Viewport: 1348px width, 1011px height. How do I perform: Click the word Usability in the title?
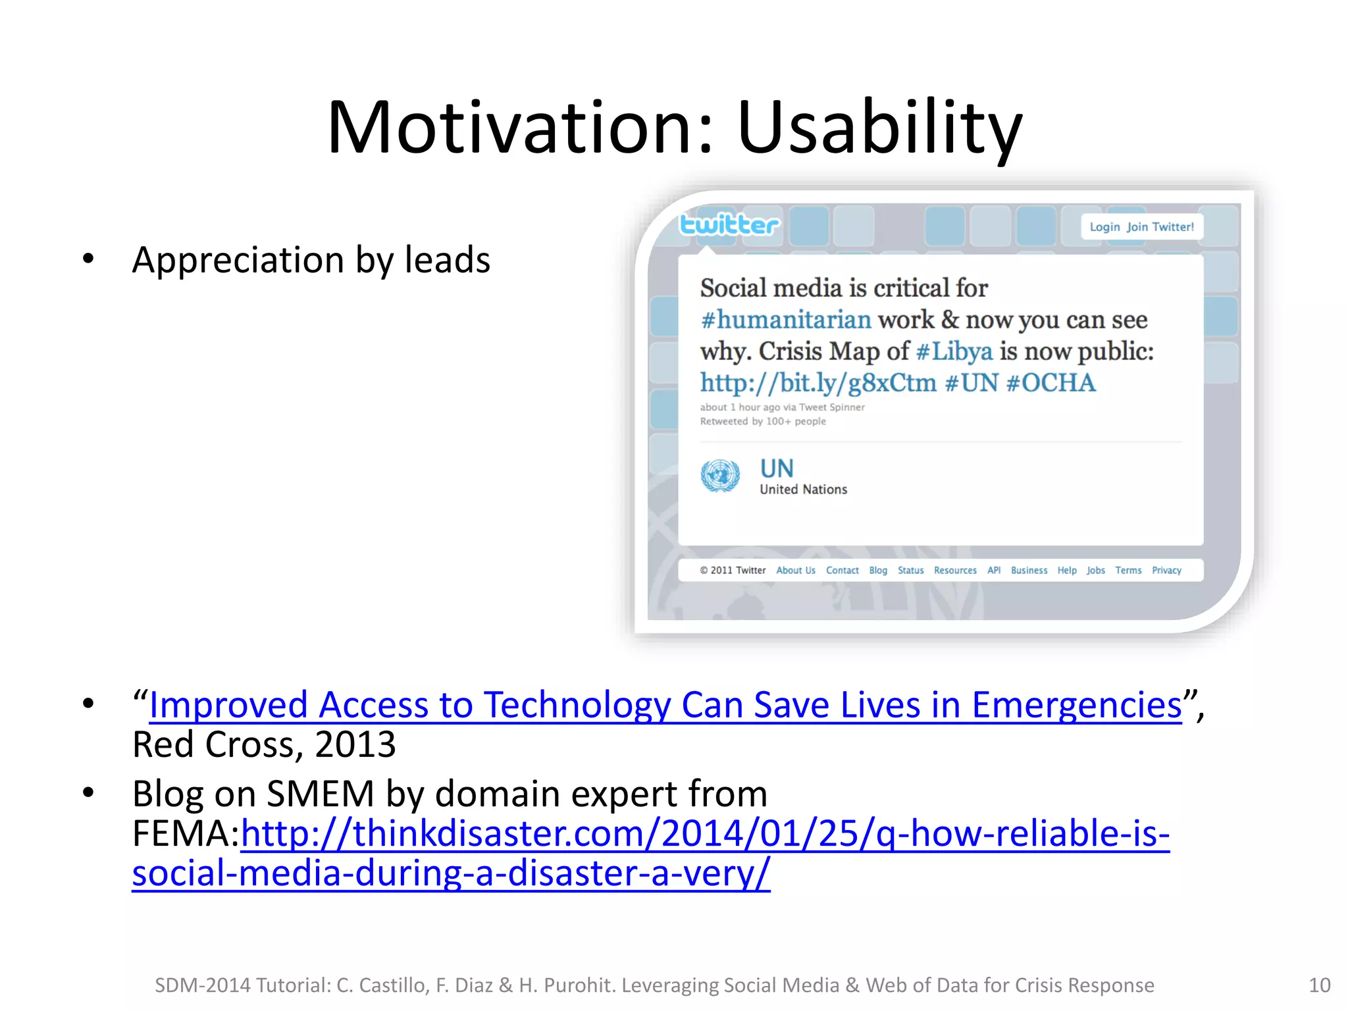(879, 128)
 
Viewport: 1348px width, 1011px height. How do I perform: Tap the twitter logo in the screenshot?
(729, 225)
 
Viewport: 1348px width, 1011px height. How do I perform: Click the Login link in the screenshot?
(1104, 227)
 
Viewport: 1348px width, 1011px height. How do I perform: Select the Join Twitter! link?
(1160, 227)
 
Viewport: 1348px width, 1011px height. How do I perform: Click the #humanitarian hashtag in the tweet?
(786, 320)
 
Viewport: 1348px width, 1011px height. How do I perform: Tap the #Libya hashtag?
(954, 351)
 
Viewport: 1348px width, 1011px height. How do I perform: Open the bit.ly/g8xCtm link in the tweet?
(817, 383)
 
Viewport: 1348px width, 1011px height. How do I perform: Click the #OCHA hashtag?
(1051, 383)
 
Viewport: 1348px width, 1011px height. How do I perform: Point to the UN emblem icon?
(720, 475)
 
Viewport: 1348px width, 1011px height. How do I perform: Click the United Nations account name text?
(803, 490)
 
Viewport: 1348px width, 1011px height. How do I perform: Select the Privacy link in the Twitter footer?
(1166, 571)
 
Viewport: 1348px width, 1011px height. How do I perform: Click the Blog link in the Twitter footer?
(878, 571)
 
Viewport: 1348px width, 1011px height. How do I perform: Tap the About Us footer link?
(796, 571)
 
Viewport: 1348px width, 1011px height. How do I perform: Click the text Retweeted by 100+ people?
(763, 421)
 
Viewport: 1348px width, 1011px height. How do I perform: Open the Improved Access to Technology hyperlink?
(665, 706)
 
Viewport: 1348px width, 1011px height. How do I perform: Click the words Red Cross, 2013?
(264, 745)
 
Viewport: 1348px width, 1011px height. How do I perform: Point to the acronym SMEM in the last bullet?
(321, 794)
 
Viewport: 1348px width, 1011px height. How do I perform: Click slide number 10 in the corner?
(1319, 985)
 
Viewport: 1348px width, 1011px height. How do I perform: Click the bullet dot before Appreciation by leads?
(88, 259)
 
